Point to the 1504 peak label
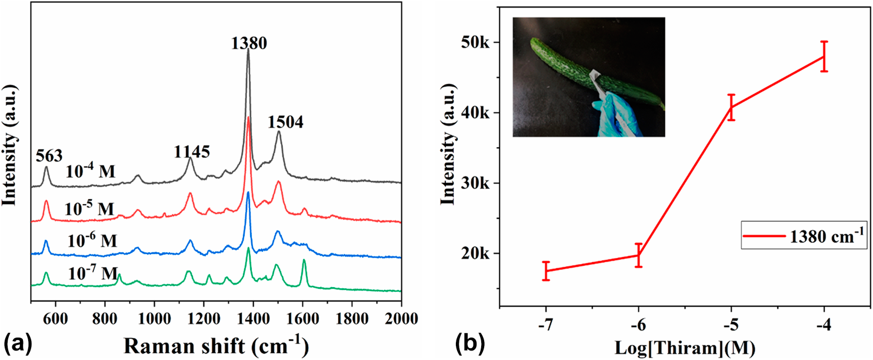[x=286, y=122]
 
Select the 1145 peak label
[x=191, y=152]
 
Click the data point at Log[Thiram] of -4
[x=824, y=56]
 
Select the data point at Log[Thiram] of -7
[x=546, y=271]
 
